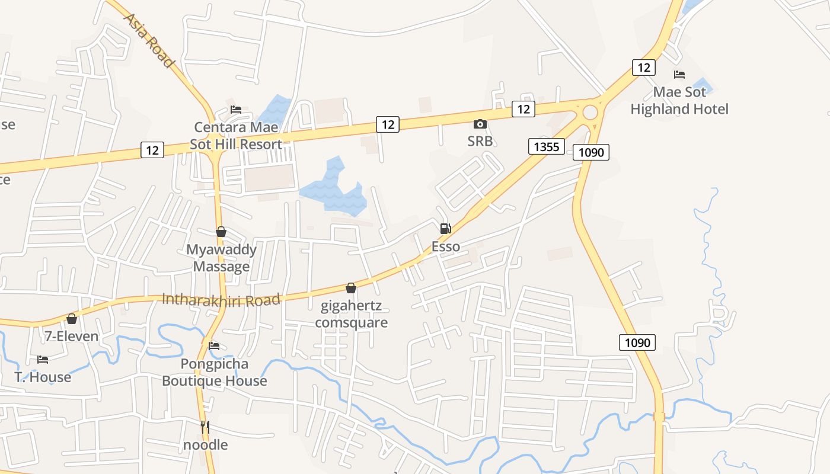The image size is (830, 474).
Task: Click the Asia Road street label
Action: (x=149, y=40)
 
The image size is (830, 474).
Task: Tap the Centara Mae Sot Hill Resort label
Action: (x=236, y=136)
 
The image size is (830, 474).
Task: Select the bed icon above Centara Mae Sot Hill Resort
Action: (x=236, y=110)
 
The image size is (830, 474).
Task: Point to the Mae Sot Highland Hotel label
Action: (x=679, y=101)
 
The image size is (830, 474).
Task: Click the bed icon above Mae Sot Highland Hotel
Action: (x=679, y=75)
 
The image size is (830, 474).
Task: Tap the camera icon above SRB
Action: (x=480, y=124)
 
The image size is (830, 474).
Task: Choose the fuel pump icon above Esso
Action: (x=445, y=229)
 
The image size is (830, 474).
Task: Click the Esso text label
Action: (x=445, y=246)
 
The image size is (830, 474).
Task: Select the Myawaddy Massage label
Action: (x=221, y=258)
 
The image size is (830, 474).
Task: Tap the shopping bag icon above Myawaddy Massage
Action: (x=221, y=232)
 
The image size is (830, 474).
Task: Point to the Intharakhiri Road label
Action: (x=221, y=300)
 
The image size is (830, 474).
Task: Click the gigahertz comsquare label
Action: (x=352, y=314)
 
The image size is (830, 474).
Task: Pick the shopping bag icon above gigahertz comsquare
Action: (x=351, y=288)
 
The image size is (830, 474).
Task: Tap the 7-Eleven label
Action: (x=72, y=336)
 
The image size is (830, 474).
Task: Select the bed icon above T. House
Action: (x=43, y=360)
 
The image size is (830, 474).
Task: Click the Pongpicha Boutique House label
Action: (x=215, y=372)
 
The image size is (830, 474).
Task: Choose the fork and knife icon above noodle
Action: (x=205, y=427)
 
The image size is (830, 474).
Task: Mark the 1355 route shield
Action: (x=546, y=146)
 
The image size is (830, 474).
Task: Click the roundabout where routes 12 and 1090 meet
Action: (x=590, y=112)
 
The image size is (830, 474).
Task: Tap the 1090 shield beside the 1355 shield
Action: (x=591, y=152)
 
